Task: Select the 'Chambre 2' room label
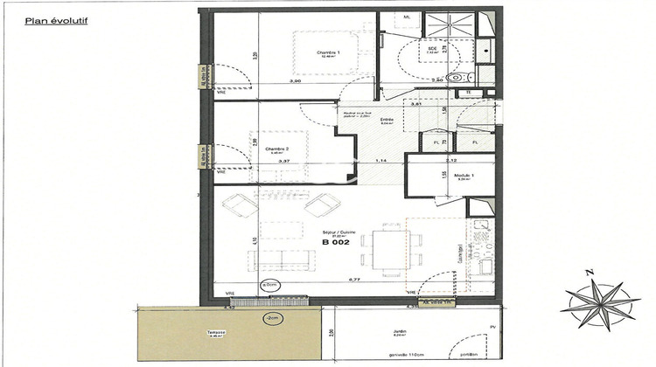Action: pyautogui.click(x=276, y=149)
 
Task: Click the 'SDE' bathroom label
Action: pyautogui.click(x=431, y=49)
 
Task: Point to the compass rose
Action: pyautogui.click(x=599, y=304)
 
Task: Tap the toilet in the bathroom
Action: pyautogui.click(x=457, y=77)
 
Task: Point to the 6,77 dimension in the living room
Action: pyautogui.click(x=355, y=280)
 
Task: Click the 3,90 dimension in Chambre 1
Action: pyautogui.click(x=295, y=81)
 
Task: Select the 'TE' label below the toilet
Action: pyautogui.click(x=468, y=92)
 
